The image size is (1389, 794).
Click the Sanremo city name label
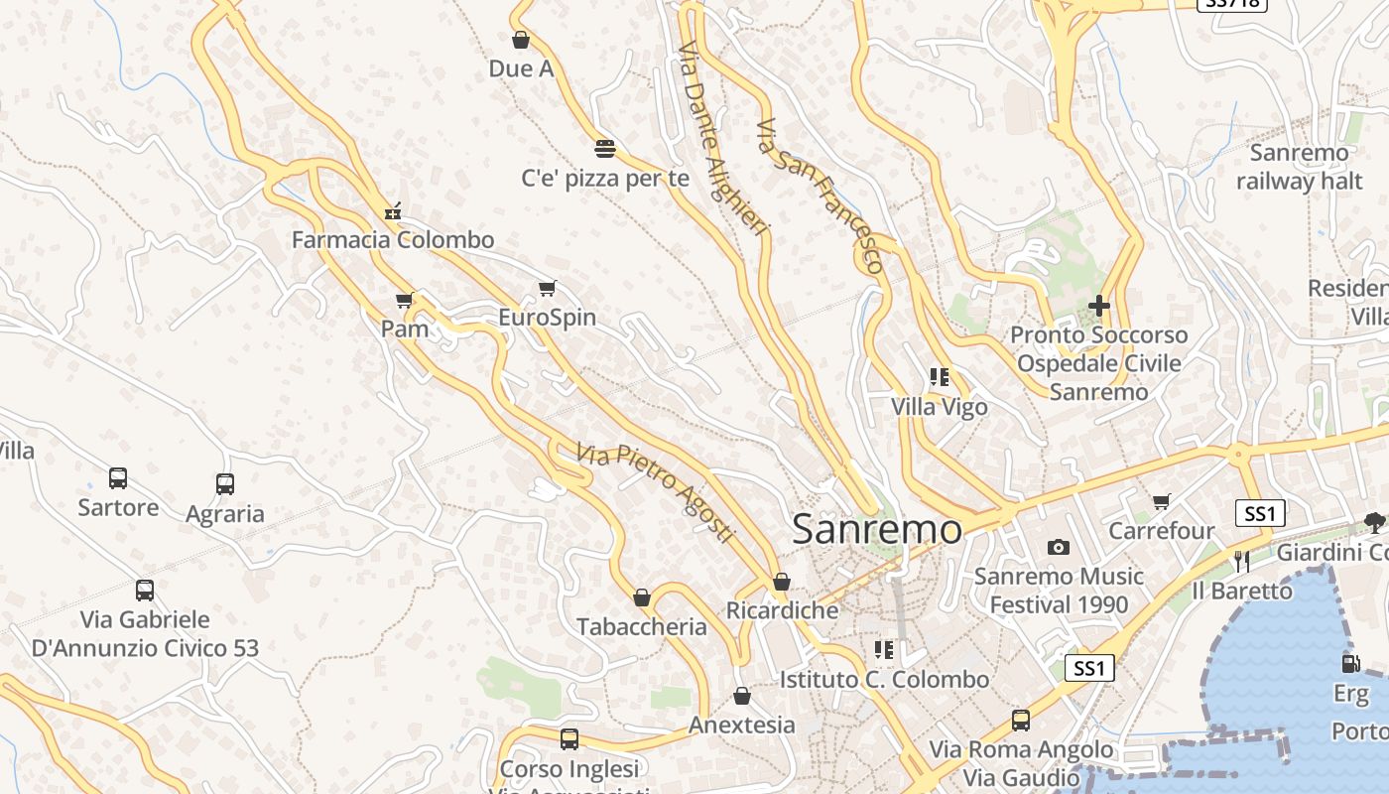[877, 529]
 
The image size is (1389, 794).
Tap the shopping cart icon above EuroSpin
[547, 289]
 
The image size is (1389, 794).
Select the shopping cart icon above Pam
[404, 300]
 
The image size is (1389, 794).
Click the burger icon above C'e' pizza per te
[605, 149]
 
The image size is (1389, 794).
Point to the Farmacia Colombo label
[393, 240]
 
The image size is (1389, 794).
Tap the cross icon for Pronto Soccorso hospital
[1098, 306]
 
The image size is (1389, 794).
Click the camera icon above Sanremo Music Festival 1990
[1059, 547]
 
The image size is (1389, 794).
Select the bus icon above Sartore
[118, 478]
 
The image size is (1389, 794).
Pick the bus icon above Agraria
[225, 484]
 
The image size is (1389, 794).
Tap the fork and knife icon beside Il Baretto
[1242, 562]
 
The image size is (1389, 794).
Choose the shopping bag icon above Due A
[521, 40]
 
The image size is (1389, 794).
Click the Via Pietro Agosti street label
[656, 491]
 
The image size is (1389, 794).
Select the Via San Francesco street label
[820, 196]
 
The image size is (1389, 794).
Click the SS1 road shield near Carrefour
[1260, 513]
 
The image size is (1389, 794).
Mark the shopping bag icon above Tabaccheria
[642, 597]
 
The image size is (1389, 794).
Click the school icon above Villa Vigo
[940, 377]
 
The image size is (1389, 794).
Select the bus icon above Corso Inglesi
[569, 738]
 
